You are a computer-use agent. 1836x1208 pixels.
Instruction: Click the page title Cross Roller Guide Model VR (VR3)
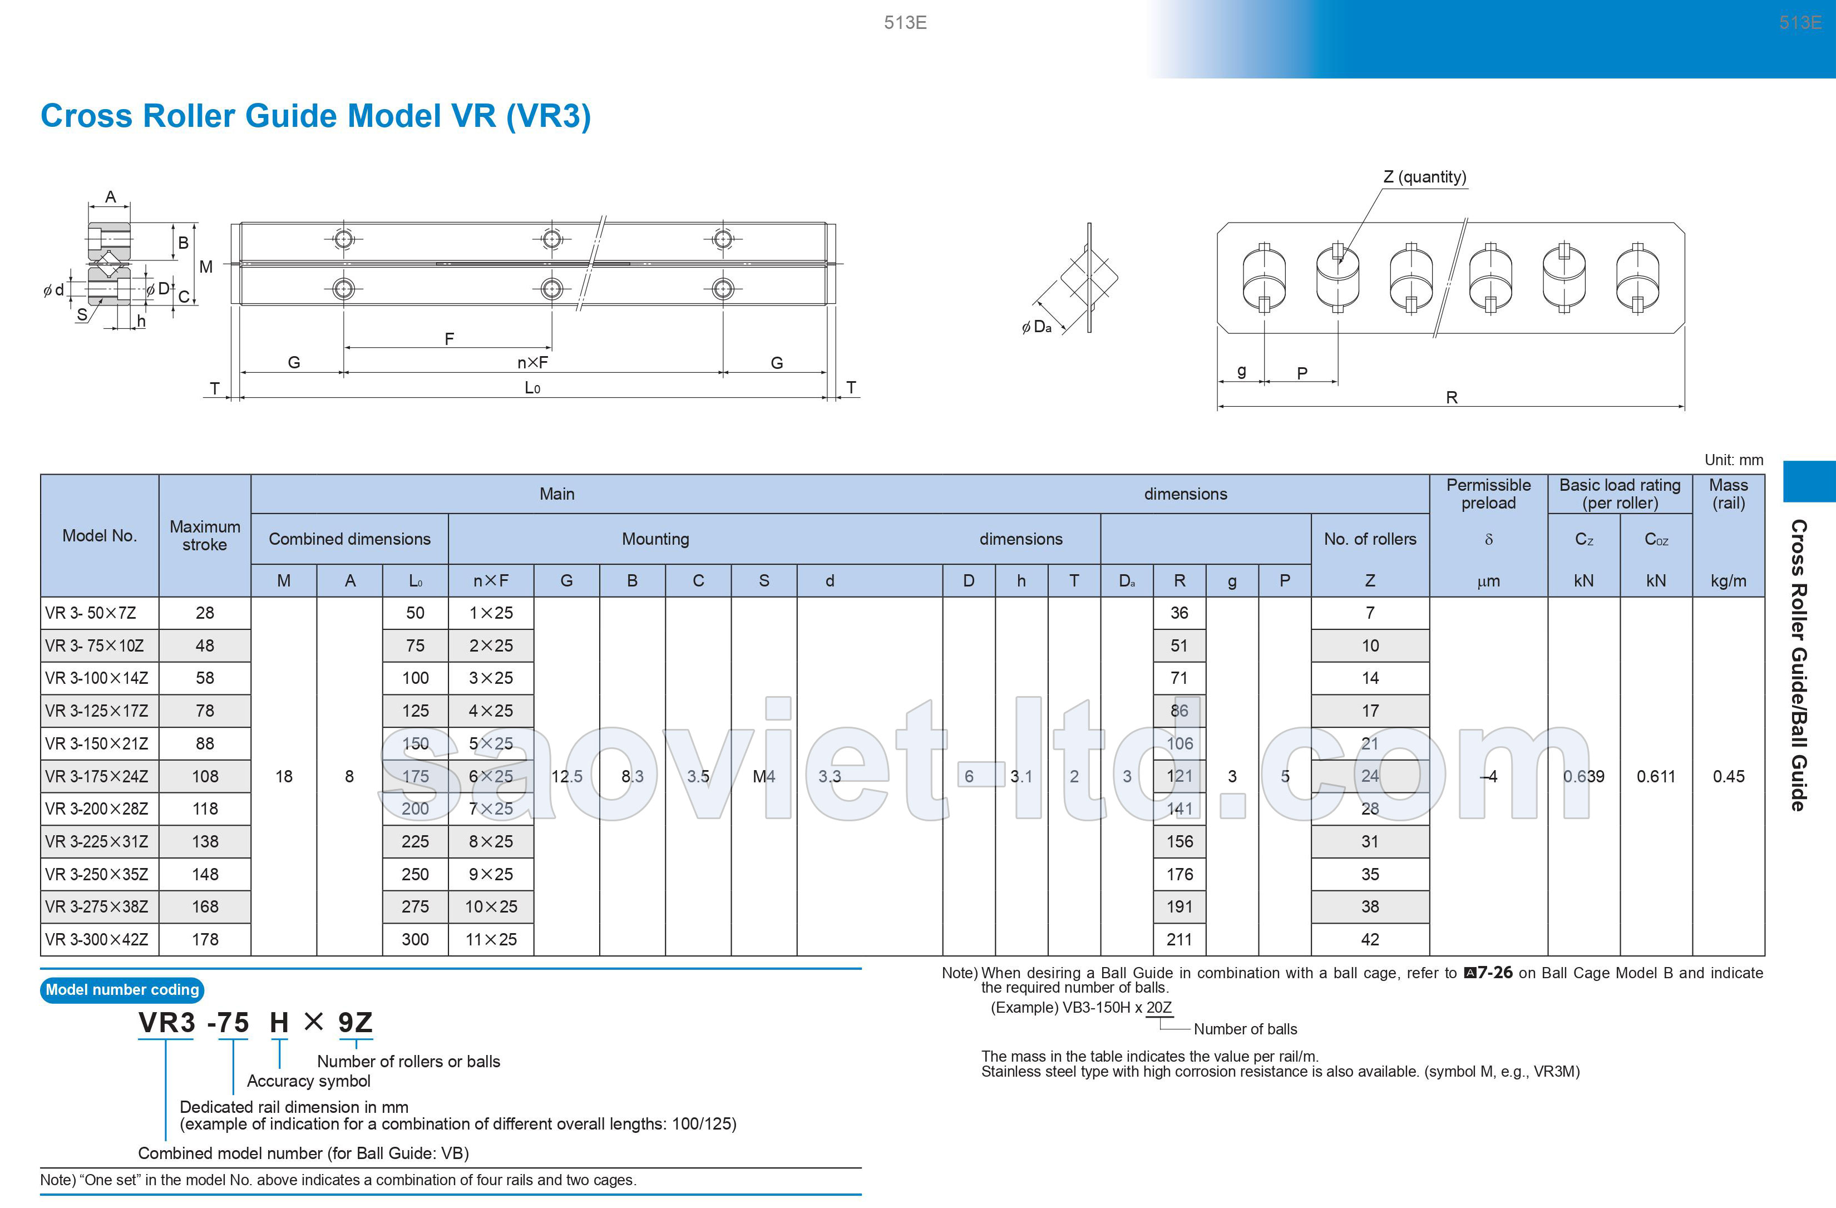315,116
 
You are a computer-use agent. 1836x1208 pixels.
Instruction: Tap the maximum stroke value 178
205,940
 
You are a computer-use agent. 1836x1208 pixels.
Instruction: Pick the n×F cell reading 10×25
491,907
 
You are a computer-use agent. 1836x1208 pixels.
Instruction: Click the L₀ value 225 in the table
415,841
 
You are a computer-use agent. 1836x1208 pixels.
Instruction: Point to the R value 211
1179,940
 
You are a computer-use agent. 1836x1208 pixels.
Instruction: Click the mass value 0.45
1728,777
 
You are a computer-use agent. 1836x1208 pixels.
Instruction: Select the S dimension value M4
764,777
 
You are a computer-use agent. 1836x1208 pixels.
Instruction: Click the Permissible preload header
1488,494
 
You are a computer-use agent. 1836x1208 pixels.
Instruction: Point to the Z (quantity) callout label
1424,176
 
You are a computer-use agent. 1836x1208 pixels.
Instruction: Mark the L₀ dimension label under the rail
532,388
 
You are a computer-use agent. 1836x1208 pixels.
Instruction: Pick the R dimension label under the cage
1451,397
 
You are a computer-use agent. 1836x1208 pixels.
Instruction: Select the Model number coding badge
122,990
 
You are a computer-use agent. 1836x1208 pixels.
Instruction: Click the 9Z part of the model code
355,1023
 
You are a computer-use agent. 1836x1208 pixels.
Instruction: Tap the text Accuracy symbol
309,1081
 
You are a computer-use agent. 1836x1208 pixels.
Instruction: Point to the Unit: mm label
1734,460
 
